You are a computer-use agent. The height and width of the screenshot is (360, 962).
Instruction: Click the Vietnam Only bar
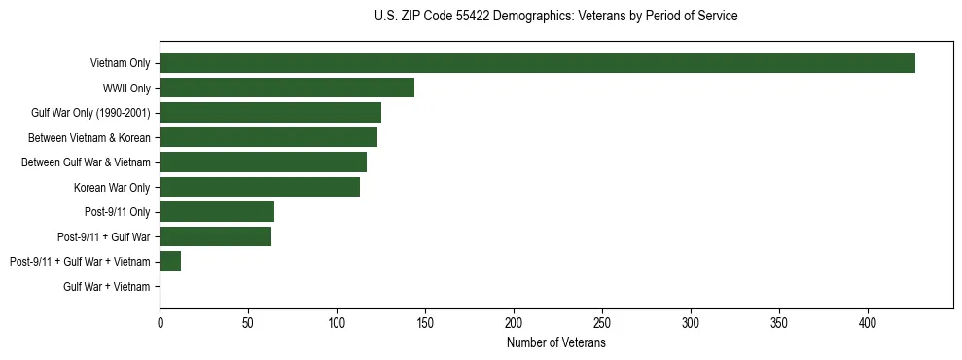537,63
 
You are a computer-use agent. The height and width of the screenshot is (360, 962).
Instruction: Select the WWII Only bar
287,88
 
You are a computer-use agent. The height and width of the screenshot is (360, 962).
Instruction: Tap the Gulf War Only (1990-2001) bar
270,113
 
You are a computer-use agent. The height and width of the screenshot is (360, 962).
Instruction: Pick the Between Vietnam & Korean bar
268,137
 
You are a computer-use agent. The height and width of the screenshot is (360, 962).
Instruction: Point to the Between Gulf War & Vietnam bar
263,162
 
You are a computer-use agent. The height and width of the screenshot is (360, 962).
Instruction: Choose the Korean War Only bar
260,187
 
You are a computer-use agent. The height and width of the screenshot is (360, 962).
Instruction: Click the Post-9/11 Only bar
217,212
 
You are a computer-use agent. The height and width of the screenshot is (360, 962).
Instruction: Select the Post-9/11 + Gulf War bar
215,236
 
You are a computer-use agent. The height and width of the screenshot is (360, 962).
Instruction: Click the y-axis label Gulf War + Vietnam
107,287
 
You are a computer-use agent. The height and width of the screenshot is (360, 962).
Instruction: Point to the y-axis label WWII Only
126,89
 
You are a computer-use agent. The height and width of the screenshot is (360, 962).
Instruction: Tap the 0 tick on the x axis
160,322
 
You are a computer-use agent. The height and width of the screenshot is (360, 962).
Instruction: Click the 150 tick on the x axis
425,322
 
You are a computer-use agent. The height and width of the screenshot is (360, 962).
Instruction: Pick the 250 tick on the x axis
602,322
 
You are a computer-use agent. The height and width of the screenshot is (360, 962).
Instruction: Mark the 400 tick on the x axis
868,322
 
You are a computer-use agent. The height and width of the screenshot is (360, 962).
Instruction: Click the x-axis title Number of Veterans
556,342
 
